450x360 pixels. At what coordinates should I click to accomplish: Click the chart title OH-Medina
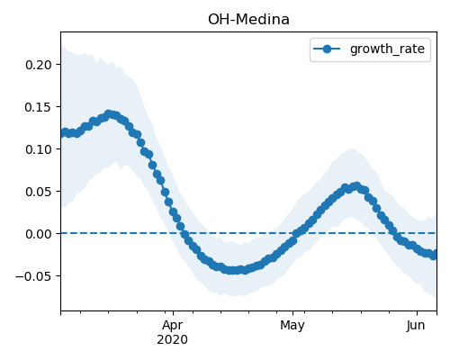point(248,20)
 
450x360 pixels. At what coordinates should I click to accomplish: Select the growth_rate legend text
point(387,49)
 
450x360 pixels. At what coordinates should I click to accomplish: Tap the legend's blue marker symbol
point(327,49)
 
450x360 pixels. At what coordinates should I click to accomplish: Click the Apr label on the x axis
point(173,326)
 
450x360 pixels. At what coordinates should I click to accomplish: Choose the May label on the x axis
point(292,326)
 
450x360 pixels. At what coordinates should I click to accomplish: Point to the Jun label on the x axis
point(416,326)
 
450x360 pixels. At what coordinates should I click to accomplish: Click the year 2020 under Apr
point(173,340)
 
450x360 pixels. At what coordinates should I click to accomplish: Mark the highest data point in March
point(109,114)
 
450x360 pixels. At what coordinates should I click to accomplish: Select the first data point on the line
point(61,133)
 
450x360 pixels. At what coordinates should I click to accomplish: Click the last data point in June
point(434,256)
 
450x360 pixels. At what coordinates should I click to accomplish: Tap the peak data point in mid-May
point(356,186)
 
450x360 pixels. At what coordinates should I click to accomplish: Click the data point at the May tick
point(293,240)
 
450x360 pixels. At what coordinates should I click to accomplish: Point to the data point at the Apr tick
point(173,212)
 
